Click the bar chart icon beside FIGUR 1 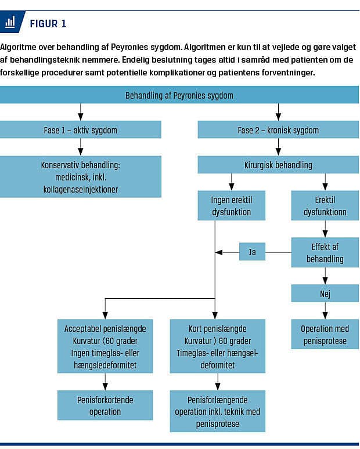[x=10, y=22]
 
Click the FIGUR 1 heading [x=48, y=23]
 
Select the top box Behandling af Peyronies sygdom [x=179, y=95]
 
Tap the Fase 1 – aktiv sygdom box [x=81, y=130]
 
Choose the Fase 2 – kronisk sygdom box [x=278, y=130]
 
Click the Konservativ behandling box [x=81, y=177]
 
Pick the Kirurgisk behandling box [x=278, y=165]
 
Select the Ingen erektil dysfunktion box [x=231, y=205]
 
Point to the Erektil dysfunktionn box [x=325, y=205]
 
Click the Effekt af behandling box [x=325, y=252]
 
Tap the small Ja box [x=252, y=252]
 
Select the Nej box [x=325, y=293]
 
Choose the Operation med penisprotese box [x=325, y=335]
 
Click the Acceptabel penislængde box [x=105, y=346]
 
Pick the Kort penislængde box [x=218, y=346]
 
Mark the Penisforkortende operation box [x=105, y=405]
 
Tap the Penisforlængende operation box [x=218, y=411]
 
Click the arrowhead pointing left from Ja [x=219, y=252]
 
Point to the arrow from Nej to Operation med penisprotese [x=325, y=311]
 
